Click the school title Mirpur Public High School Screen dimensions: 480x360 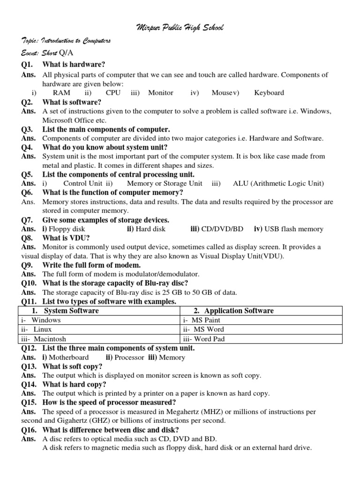point(180,28)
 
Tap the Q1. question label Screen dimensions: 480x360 point(28,64)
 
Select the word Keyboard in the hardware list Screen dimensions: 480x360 point(269,93)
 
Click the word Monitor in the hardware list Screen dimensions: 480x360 point(161,93)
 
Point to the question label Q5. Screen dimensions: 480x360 point(28,174)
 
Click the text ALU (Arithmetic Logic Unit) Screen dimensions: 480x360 point(278,183)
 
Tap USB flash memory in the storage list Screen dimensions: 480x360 point(294,229)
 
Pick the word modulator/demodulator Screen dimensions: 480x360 point(159,274)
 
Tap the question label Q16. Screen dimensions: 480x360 point(30,430)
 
